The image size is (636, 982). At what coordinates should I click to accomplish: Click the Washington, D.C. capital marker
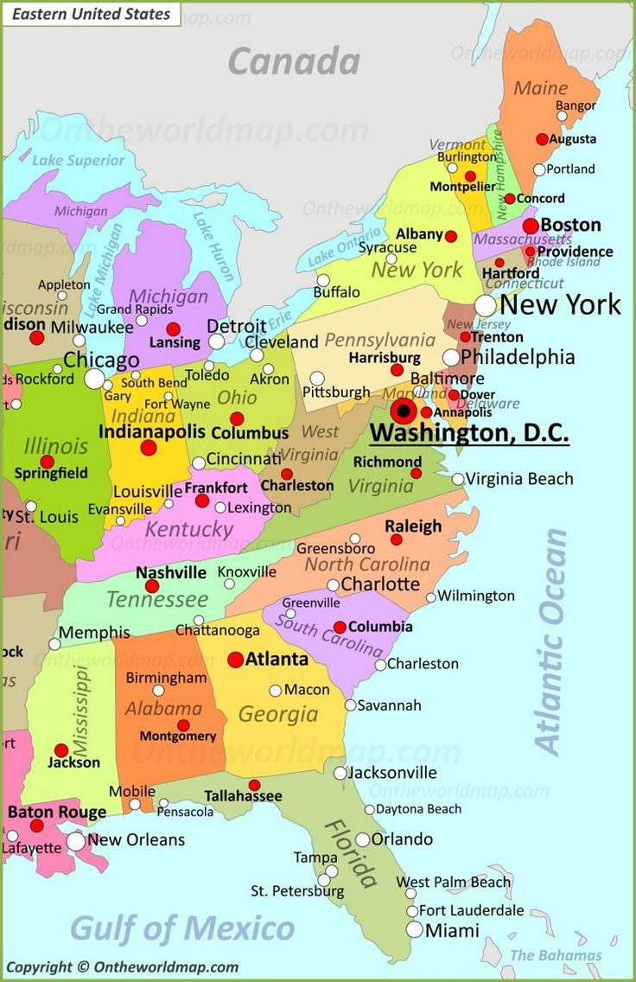[403, 411]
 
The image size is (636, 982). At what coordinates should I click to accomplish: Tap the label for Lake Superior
[79, 160]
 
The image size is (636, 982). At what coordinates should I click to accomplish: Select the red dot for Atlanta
[235, 660]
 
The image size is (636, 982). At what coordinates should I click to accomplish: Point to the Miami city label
[452, 931]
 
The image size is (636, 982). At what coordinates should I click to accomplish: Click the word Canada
[294, 61]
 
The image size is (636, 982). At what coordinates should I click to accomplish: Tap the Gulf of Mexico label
[182, 928]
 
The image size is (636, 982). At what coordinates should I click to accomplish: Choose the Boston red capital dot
[531, 226]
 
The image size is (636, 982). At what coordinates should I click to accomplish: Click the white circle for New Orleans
[76, 841]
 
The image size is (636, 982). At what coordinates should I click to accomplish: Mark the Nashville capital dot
[152, 586]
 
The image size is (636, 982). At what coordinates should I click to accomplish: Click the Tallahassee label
[243, 795]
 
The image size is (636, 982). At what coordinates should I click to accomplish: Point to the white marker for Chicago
[95, 379]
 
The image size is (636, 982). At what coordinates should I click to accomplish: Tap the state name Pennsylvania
[379, 340]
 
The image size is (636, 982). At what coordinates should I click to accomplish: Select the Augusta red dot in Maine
[542, 139]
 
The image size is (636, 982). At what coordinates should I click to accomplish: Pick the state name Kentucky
[189, 529]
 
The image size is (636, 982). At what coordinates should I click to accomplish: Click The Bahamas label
[556, 955]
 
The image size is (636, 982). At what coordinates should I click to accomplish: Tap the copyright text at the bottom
[122, 967]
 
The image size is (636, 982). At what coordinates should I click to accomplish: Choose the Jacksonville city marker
[340, 773]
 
